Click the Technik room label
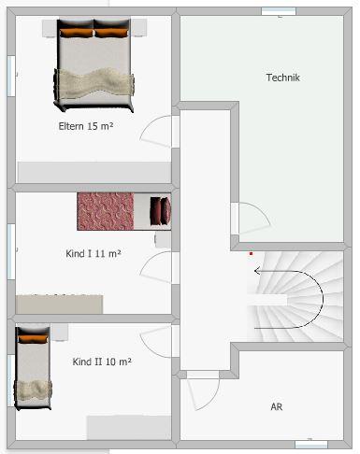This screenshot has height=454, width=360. click(x=282, y=78)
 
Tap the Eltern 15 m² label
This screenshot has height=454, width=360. click(x=85, y=125)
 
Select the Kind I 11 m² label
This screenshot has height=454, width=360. click(x=93, y=253)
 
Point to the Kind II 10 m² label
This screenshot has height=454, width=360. click(x=102, y=361)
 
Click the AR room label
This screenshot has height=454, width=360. click(x=277, y=407)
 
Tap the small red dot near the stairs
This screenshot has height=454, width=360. click(x=250, y=252)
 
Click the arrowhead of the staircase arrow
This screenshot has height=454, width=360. click(x=256, y=270)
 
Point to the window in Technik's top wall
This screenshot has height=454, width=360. click(x=279, y=11)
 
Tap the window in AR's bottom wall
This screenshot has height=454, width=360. click(x=310, y=442)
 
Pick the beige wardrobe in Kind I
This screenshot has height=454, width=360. click(x=59, y=304)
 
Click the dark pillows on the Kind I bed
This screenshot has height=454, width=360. click(x=162, y=210)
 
